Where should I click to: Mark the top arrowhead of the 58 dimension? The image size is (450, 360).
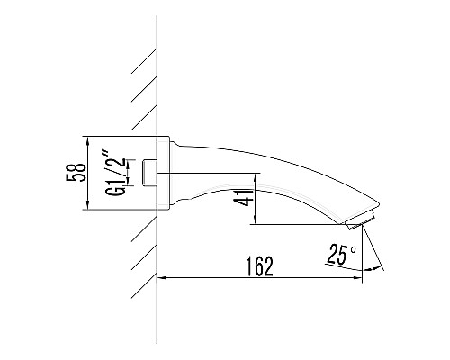point(87,140)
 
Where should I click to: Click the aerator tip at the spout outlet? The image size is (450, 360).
point(359,220)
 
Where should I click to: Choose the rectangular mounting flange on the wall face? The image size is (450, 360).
point(165,174)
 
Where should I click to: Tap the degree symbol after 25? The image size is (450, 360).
point(355,249)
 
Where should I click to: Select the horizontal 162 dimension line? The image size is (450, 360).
point(270,278)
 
